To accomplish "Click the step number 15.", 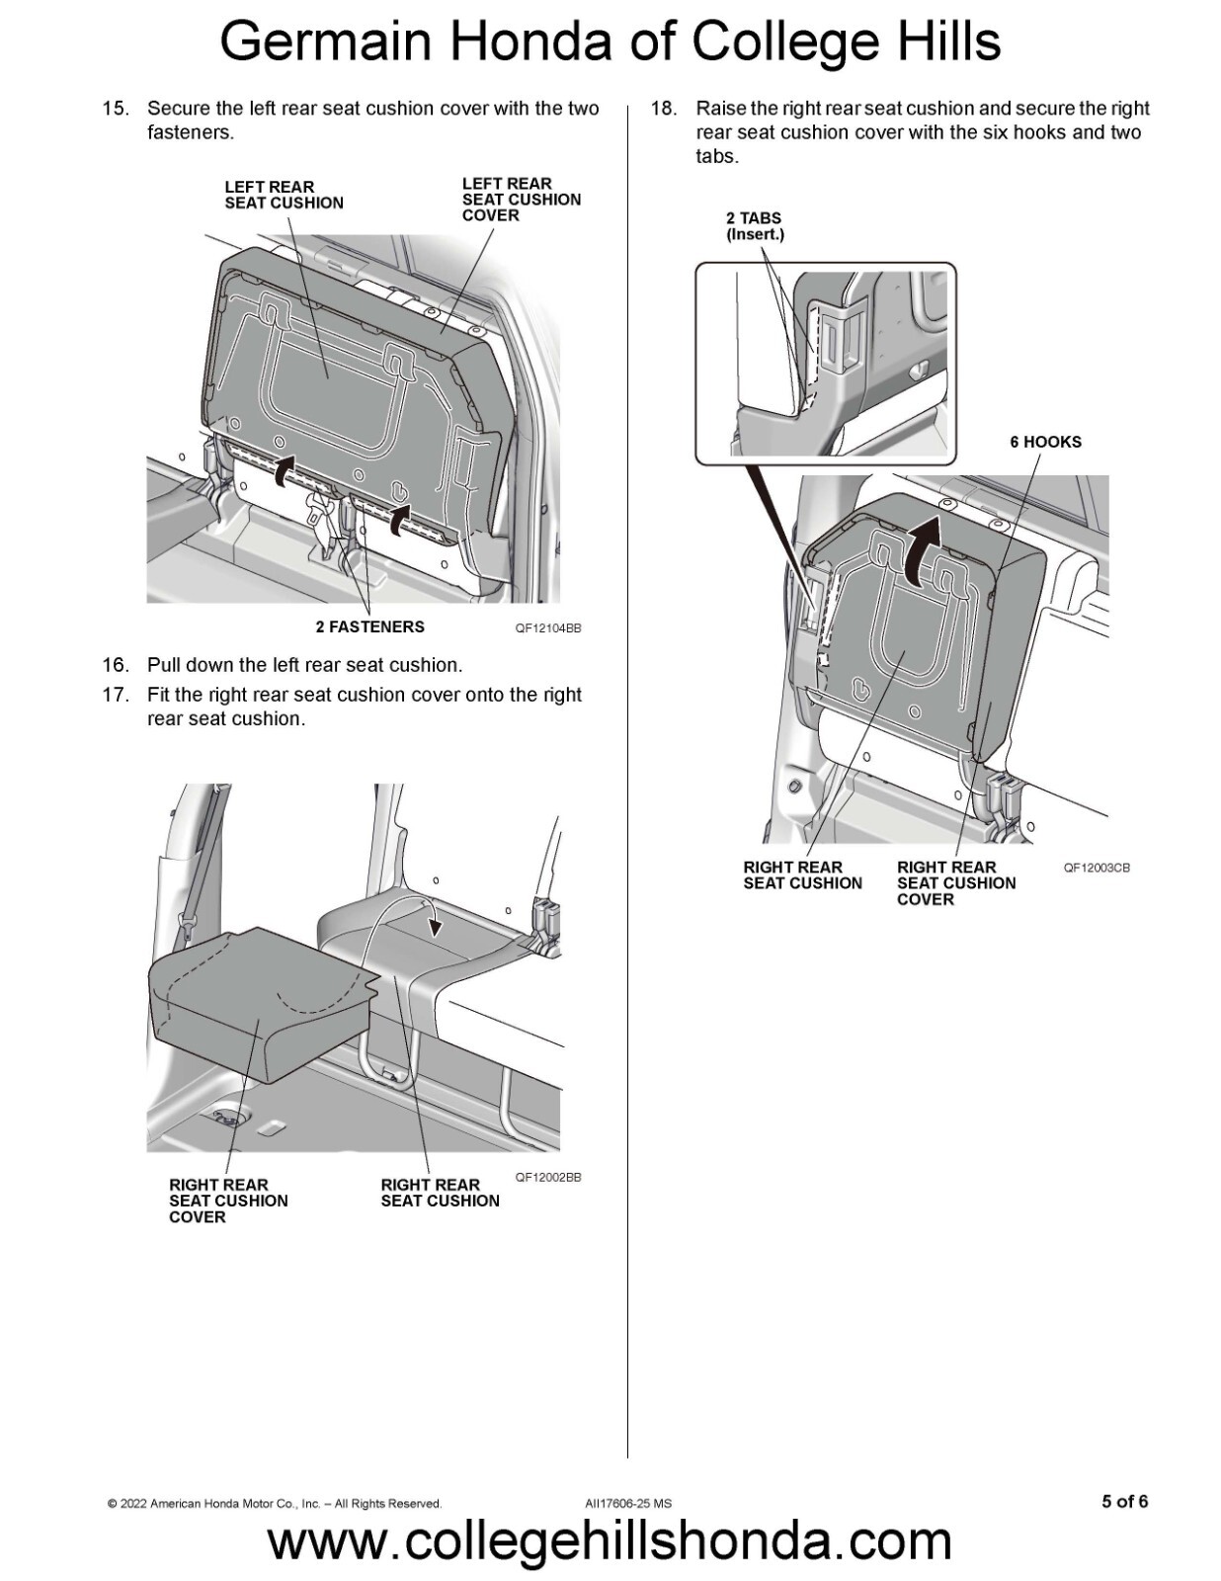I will point(116,109).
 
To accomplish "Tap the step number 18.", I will point(663,109).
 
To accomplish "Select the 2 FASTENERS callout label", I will point(369,626).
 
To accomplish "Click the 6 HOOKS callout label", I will point(1044,442).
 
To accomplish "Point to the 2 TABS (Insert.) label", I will point(754,226).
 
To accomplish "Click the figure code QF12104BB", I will point(547,628).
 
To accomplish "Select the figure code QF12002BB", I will point(547,1177).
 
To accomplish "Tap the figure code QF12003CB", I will point(1096,868).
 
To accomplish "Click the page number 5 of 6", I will point(1124,1501).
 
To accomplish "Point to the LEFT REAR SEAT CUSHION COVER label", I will point(521,200).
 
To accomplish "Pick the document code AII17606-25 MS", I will point(627,1503).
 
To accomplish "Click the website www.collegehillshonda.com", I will point(610,1542).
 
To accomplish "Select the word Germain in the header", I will point(325,42).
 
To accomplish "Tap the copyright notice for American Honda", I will point(274,1503).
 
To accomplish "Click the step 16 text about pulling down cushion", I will point(304,665).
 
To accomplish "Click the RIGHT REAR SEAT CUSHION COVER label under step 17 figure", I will point(227,1201).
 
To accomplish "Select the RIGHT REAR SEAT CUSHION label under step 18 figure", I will point(802,875).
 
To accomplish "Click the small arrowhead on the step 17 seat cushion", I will point(435,926).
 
